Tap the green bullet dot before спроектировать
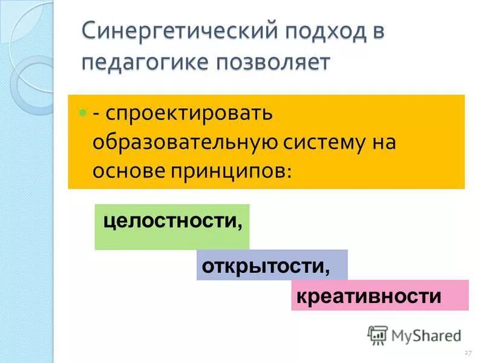[x=82, y=113]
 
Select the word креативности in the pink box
[x=368, y=296]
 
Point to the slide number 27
[x=467, y=352]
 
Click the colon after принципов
[x=288, y=173]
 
